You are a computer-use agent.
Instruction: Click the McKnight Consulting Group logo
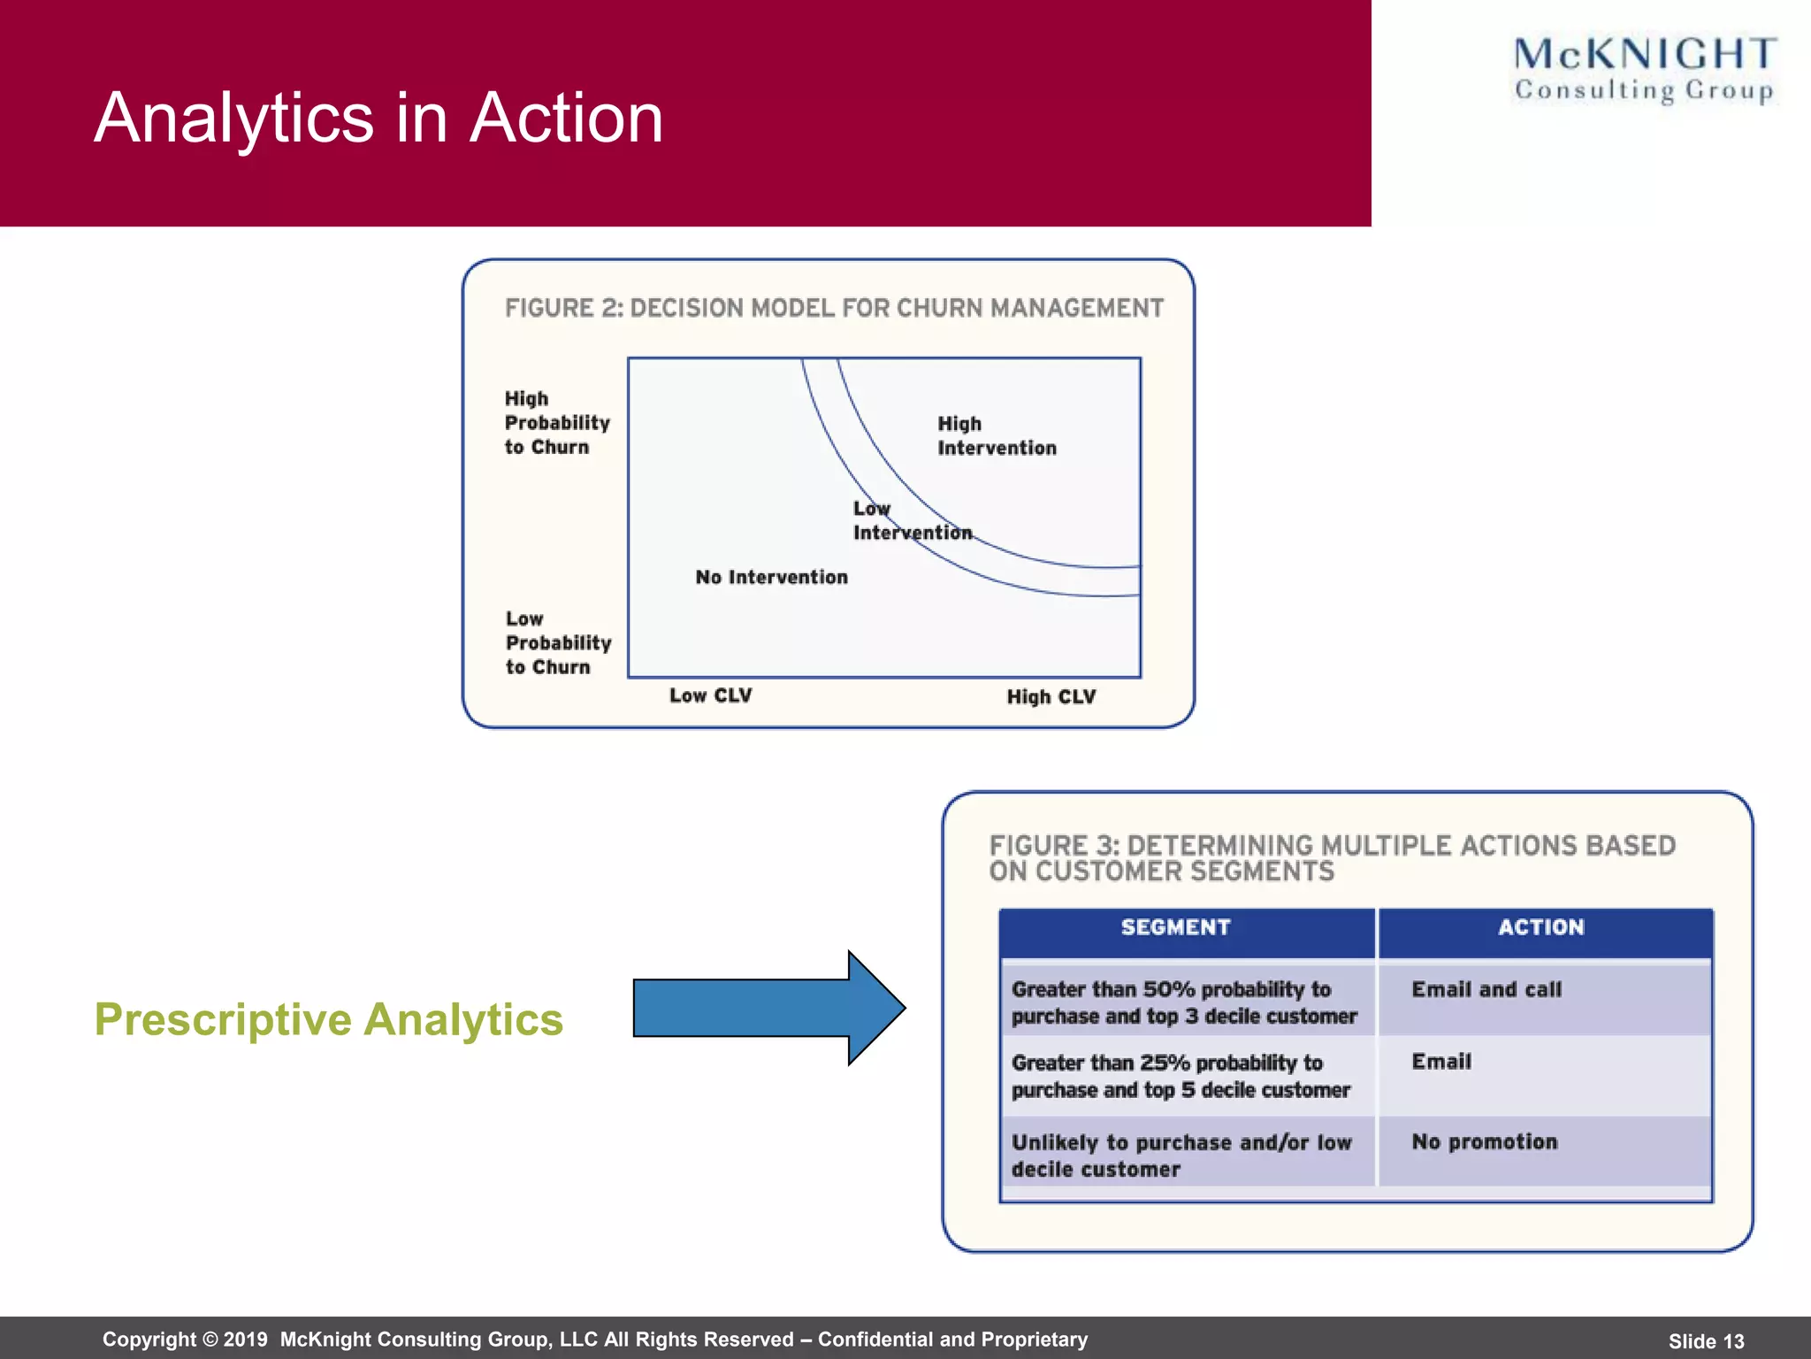click(x=1644, y=69)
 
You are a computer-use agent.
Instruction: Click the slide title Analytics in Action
click(x=378, y=118)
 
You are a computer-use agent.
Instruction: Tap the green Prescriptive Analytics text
click(x=328, y=1019)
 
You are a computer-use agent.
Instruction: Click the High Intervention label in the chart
click(x=996, y=436)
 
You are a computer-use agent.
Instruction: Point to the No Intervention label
click(x=771, y=578)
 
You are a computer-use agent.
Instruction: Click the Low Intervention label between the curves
click(x=911, y=521)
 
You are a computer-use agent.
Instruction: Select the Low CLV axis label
click(x=710, y=695)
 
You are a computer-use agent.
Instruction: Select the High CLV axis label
click(x=1051, y=697)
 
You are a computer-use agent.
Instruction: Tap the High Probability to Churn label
click(x=556, y=423)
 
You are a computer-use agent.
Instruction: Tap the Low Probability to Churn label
click(x=557, y=643)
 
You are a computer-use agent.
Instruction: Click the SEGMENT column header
click(x=1175, y=927)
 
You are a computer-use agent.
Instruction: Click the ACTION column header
click(x=1540, y=927)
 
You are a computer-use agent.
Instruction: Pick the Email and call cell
click(x=1486, y=990)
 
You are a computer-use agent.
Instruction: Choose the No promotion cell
click(x=1484, y=1142)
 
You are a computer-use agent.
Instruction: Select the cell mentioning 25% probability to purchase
click(x=1180, y=1076)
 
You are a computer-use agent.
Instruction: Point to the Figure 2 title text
click(x=834, y=308)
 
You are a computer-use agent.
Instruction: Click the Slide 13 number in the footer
click(x=1706, y=1341)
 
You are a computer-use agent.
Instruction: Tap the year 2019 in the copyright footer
click(x=245, y=1340)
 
